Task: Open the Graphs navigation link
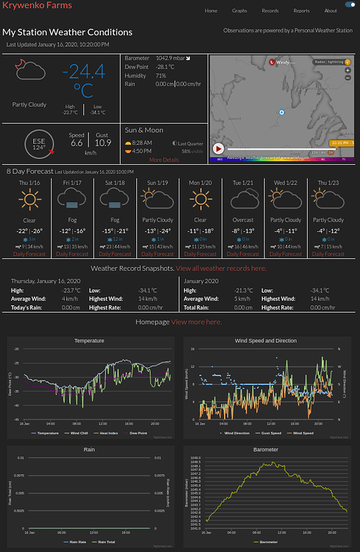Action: [x=240, y=11]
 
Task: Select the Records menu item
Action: [x=270, y=11]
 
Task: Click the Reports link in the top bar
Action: [x=301, y=11]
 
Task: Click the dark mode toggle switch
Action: [x=350, y=11]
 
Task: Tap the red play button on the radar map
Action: [x=219, y=148]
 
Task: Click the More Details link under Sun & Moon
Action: [x=163, y=160]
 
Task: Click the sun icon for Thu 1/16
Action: [x=29, y=199]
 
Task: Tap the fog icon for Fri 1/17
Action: [x=72, y=199]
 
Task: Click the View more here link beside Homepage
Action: [x=197, y=322]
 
